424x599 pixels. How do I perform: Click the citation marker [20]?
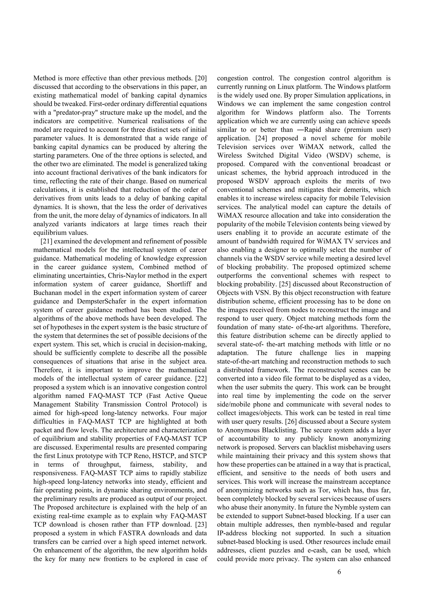point(201,78)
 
